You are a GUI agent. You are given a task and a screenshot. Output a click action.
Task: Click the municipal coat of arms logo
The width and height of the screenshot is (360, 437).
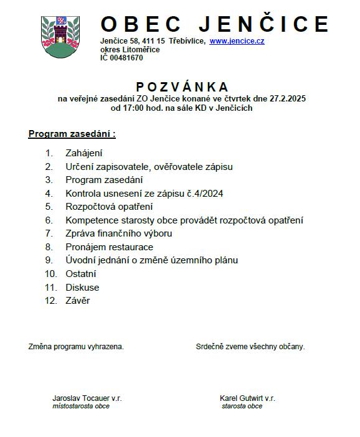pos(60,36)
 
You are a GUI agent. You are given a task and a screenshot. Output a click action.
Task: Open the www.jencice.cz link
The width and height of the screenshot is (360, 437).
pos(237,41)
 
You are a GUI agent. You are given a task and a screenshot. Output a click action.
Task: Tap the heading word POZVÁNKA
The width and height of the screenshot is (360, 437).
pos(182,87)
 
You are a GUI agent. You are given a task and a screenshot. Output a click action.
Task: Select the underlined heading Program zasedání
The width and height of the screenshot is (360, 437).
pos(72,134)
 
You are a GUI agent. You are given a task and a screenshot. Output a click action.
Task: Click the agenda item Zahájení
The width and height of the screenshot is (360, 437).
pos(83,153)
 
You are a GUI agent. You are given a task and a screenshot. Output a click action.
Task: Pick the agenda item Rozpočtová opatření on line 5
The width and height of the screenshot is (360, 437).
pos(109,207)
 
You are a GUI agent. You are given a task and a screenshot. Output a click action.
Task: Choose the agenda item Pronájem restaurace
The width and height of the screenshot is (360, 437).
pos(109,247)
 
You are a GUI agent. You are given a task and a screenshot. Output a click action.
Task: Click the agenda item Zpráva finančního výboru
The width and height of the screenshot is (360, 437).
pos(118,233)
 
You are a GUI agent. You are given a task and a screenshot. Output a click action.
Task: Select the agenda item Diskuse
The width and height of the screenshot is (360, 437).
pos(82,288)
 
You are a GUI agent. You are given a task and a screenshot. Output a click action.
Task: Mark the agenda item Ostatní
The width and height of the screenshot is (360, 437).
pos(81,274)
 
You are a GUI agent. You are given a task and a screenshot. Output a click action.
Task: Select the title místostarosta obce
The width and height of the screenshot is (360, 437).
pos(80,406)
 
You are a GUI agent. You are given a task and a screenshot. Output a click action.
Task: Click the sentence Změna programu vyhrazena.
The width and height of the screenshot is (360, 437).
pos(75,347)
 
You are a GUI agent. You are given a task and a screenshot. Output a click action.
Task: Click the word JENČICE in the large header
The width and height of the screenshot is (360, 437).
pos(263,24)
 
